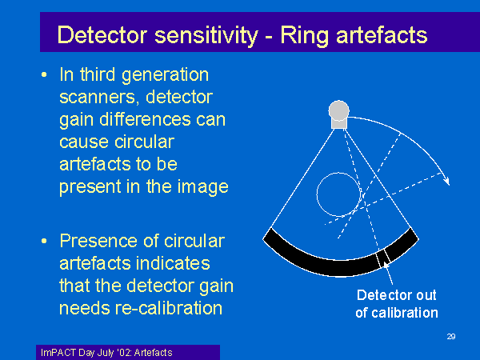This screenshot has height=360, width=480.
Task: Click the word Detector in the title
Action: click(x=102, y=35)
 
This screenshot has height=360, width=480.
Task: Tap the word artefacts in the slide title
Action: click(x=382, y=35)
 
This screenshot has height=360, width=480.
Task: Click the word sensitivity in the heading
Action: click(x=206, y=36)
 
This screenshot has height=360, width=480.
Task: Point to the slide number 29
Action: click(x=451, y=337)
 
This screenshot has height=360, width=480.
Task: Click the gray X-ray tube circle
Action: click(x=339, y=110)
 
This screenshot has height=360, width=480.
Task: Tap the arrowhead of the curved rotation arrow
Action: click(x=446, y=181)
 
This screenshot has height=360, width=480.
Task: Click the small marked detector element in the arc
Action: click(x=382, y=258)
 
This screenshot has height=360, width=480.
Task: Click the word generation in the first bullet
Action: click(x=165, y=75)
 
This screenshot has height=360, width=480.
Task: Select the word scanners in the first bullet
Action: click(x=97, y=98)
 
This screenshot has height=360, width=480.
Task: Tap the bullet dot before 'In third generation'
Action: click(x=44, y=74)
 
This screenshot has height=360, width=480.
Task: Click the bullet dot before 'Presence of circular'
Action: click(x=44, y=242)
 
